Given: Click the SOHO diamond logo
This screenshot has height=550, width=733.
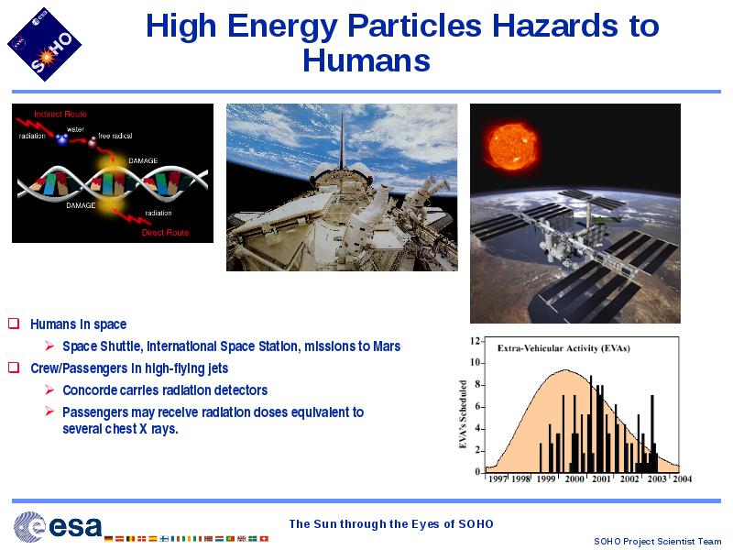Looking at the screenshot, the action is tap(44, 44).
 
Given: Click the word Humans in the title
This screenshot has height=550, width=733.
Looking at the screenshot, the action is tap(366, 60).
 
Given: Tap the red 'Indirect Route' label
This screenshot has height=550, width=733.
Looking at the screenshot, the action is tap(60, 114).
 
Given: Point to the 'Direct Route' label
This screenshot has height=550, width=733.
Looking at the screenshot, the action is tap(165, 233).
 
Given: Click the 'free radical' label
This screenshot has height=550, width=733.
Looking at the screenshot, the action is tap(115, 136).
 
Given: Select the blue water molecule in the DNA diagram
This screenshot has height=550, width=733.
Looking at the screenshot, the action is tap(62, 139).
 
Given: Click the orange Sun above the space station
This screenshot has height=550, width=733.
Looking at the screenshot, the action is tap(511, 146).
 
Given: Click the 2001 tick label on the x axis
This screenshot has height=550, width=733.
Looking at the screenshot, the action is tap(601, 478).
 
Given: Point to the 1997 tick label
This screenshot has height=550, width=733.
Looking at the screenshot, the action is tap(498, 478).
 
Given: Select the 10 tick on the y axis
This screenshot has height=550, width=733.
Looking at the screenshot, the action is tap(475, 362).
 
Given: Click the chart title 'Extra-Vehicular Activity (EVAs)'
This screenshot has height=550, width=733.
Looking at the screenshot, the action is tap(563, 348).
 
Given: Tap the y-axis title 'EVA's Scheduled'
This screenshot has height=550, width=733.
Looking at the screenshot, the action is tap(463, 414).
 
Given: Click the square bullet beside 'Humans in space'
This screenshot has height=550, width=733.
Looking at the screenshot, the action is tap(14, 324).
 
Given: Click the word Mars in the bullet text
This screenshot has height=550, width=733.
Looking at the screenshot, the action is tap(387, 346).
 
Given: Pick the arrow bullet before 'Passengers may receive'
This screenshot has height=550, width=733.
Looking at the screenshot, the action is tap(49, 412).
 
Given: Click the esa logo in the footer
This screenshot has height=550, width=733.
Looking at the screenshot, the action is tap(58, 526).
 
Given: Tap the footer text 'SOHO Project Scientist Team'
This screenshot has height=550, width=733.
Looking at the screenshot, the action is tap(657, 541).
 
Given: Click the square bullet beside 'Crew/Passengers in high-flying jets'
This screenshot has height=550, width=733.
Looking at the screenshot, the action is tap(14, 368).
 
